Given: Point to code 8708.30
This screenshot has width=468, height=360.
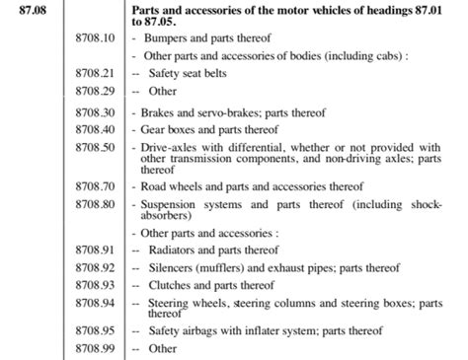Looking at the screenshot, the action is (96, 112).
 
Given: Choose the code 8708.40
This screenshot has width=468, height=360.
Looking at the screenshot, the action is (96, 129).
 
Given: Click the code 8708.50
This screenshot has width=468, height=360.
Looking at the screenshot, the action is (96, 147).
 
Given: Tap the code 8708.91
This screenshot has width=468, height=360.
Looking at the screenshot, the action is (96, 250).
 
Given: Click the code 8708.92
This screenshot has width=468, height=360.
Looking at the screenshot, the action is (96, 266).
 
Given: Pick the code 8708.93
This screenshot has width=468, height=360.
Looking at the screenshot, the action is (96, 284).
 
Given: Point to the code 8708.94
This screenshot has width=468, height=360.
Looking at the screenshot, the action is (96, 302).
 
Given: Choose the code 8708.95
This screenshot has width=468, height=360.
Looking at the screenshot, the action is (96, 330).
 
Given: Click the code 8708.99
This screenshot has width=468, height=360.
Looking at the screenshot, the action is (96, 348).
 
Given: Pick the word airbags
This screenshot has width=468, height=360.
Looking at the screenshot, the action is (209, 330).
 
